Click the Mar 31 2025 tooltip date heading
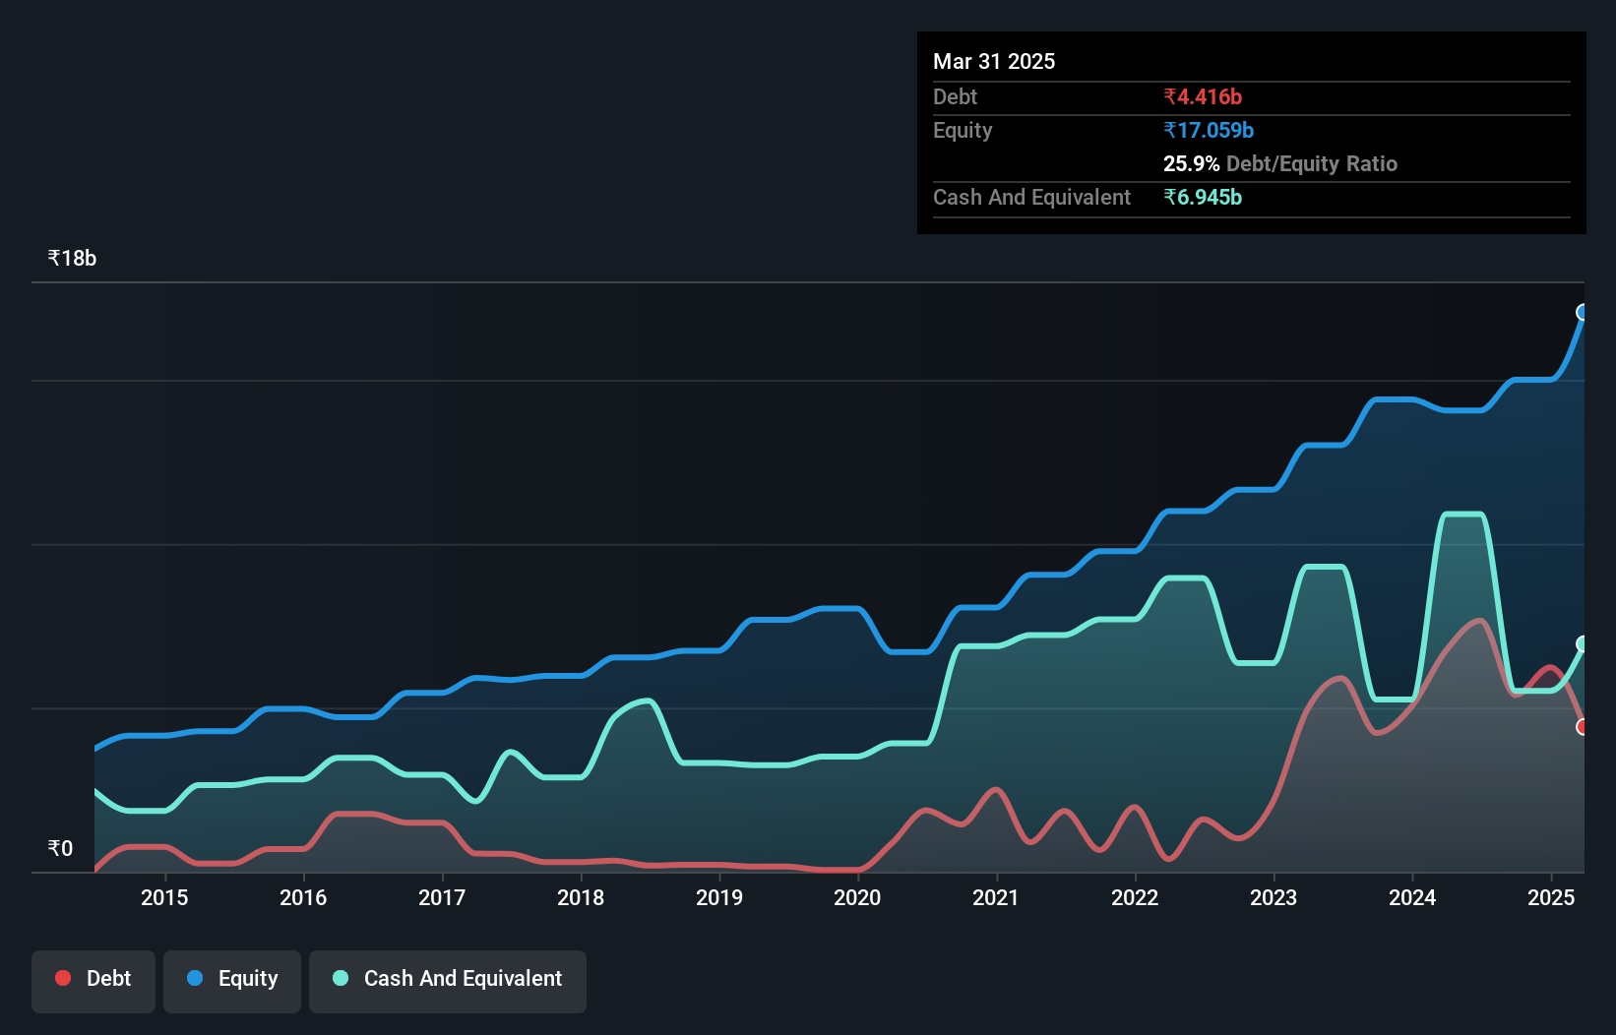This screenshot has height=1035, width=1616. click(x=994, y=61)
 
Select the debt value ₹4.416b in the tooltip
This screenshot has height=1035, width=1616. click(x=1202, y=96)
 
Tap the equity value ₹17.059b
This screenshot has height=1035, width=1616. click(x=1208, y=130)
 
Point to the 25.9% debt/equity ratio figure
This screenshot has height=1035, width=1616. click(x=1191, y=163)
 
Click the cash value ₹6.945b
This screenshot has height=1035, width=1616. click(x=1202, y=197)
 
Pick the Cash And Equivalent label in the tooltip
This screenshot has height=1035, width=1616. click(x=1031, y=197)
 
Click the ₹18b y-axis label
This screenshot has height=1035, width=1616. click(x=72, y=258)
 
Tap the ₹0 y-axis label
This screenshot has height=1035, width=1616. click(x=60, y=848)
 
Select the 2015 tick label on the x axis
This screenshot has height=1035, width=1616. click(x=164, y=897)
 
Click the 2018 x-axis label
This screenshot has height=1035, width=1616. click(x=581, y=897)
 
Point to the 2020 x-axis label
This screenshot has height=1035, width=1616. click(x=857, y=897)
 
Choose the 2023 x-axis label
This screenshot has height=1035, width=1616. click(x=1274, y=897)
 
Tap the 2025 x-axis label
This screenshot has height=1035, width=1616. click(x=1551, y=897)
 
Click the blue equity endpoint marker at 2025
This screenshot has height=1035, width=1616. click(x=1583, y=312)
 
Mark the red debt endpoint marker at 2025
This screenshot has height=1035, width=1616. click(x=1583, y=727)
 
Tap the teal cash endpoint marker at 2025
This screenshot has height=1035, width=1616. click(x=1583, y=644)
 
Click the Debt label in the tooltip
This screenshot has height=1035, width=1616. click(x=955, y=96)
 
